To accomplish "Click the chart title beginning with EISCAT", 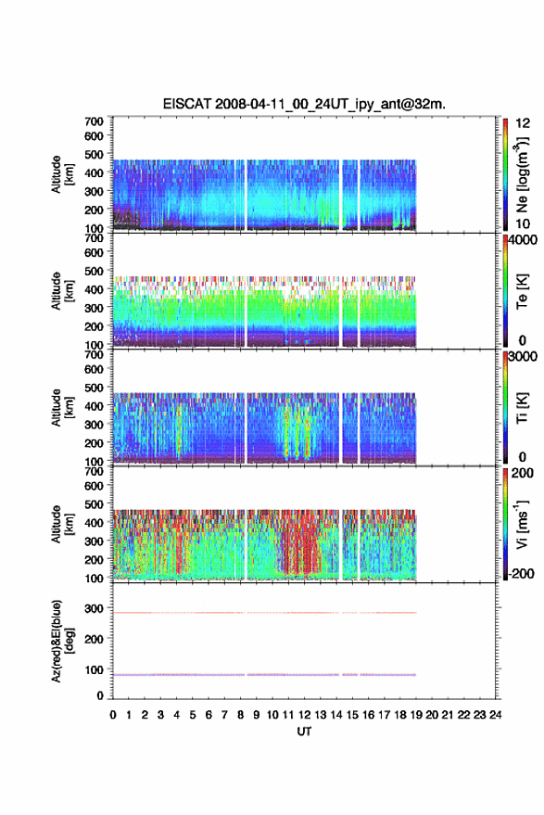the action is pos(304,104).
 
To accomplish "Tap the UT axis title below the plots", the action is pos(304,732).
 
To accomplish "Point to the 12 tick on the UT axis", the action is pos(305,715).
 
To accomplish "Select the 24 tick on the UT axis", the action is pos(495,715).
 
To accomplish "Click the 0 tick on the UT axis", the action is pos(113,715).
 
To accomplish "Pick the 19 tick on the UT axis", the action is pos(416,715).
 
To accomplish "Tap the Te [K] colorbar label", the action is pos(522,291).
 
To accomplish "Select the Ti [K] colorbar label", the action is pos(522,408).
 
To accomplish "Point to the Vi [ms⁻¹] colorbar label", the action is pos(522,524).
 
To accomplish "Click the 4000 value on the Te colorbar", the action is pos(524,240).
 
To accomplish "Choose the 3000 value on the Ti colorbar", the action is pos(524,357).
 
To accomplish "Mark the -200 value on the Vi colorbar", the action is pos(521,573).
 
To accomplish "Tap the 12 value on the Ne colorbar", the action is pos(523,123).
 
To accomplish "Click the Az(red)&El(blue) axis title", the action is pos(62,641).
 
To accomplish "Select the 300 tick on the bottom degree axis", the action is pos(94,608).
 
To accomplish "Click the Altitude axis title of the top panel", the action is pos(62,174).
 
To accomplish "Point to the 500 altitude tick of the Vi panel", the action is pos(94,504).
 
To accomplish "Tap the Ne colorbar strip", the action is pos(505,174).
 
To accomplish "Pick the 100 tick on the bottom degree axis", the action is pos(94,670).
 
